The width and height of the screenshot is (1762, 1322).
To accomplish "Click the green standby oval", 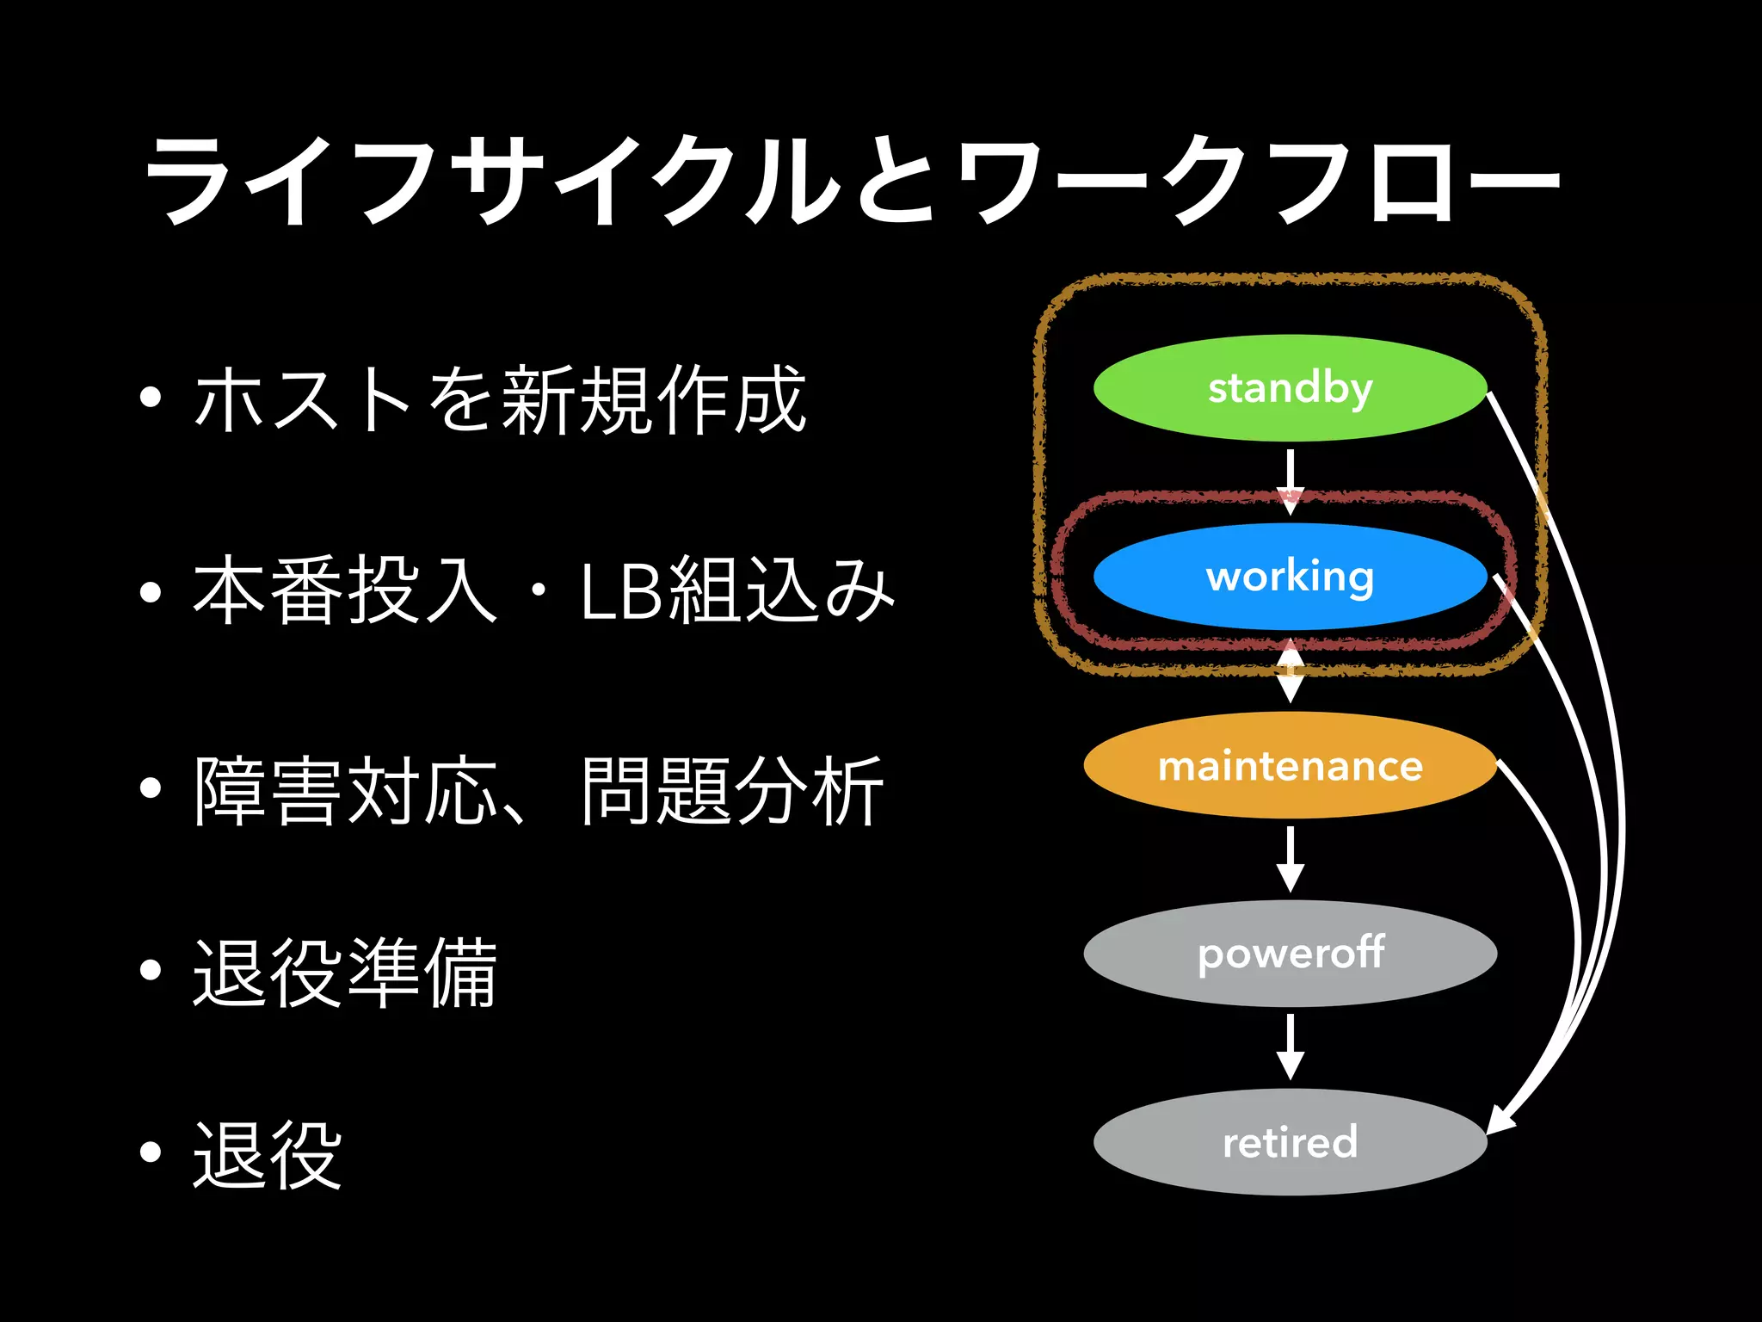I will pos(1290,388).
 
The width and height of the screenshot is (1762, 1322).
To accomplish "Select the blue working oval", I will pos(1290,576).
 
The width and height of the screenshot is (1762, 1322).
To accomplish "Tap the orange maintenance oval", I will pos(1290,765).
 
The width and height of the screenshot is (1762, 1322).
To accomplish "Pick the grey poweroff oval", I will pos(1290,954).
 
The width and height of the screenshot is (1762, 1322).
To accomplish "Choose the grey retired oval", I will pos(1290,1142).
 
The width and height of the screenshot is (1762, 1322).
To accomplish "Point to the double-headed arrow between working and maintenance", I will pos(1290,670).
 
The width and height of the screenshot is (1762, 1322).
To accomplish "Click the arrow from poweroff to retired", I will pos(1290,1047).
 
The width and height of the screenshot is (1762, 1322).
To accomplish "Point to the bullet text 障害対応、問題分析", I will pos(539,790).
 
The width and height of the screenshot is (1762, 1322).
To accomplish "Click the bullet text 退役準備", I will pos(345,973).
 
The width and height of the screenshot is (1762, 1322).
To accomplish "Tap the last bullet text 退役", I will pos(268,1155).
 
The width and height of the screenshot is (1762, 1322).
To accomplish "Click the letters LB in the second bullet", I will pos(620,592).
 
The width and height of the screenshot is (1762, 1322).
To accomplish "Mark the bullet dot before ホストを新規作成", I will pos(151,398).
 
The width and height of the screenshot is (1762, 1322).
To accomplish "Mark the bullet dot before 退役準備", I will pos(151,971).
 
